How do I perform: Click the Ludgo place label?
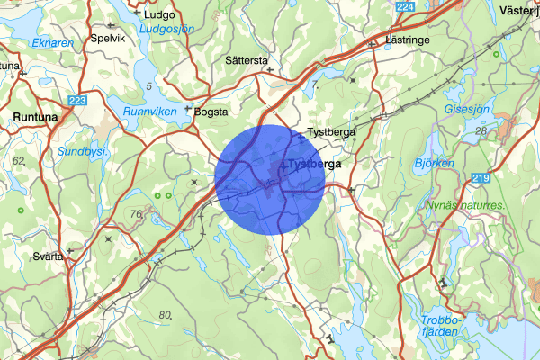tap(159, 14)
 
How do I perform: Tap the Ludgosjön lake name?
tap(166, 29)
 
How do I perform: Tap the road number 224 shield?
tap(406, 7)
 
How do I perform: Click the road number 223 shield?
tap(77, 100)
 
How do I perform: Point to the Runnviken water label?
tap(149, 112)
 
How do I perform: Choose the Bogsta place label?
tap(213, 112)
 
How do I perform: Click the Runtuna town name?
tap(37, 117)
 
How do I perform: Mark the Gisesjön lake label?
tap(467, 109)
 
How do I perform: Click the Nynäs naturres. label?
tap(465, 205)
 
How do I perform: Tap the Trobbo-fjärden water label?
tap(441, 326)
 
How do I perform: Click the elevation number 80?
tap(165, 314)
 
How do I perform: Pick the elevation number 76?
tap(136, 214)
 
